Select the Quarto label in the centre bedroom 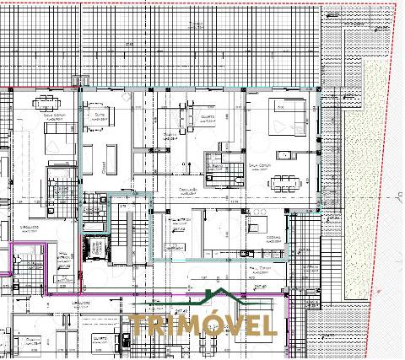click(x=207, y=116)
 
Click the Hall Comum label click(x=260, y=267)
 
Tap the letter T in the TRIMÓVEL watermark click(x=138, y=325)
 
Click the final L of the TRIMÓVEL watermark click(x=270, y=325)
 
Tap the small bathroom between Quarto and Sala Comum click(x=222, y=161)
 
